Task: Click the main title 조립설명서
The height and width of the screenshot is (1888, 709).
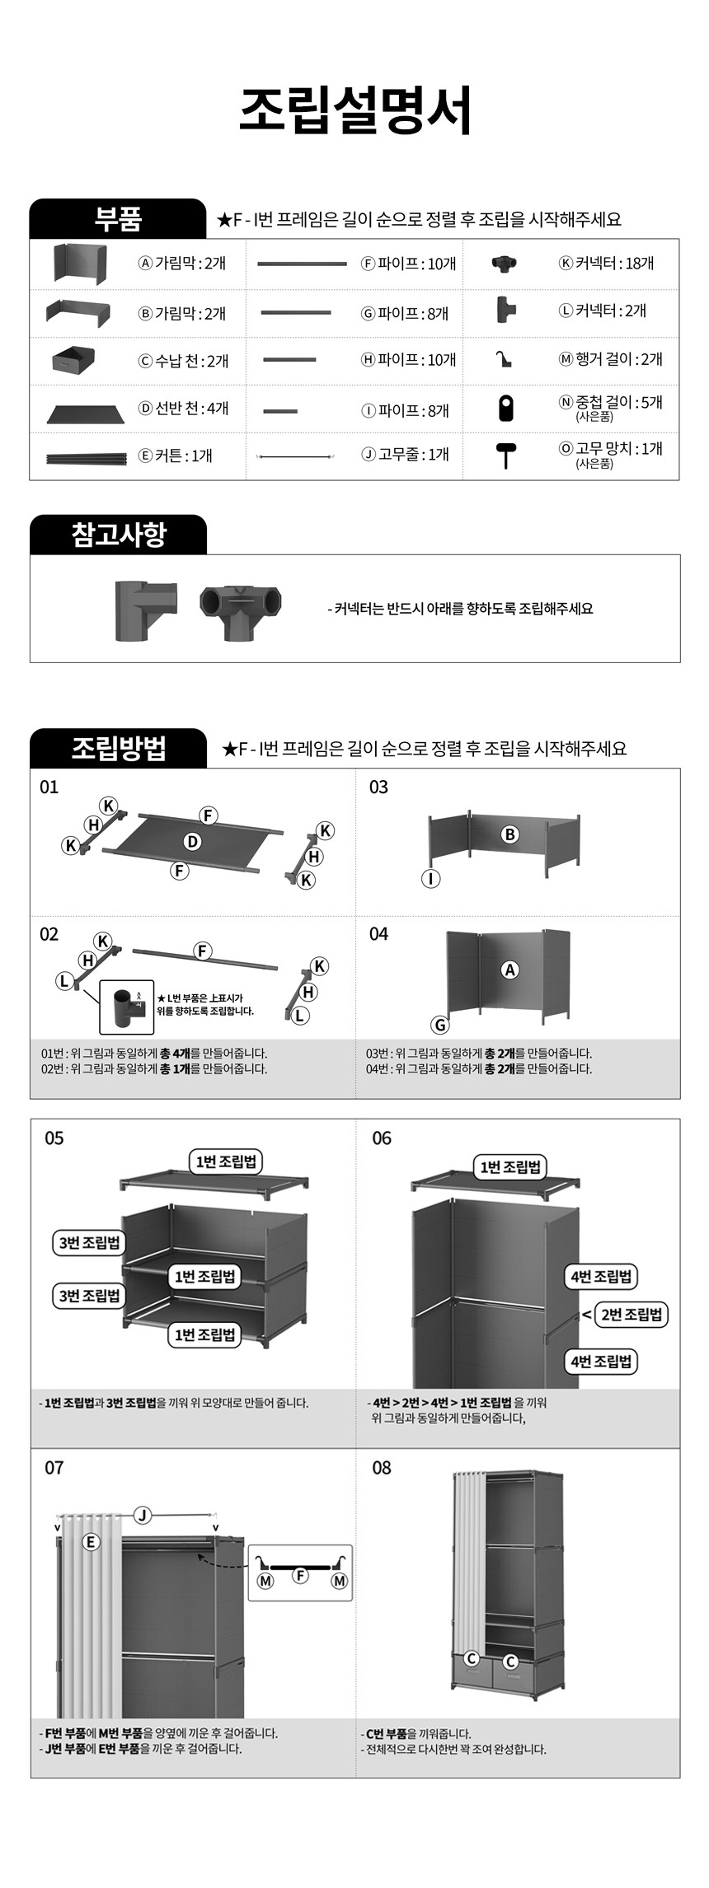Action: coord(354,110)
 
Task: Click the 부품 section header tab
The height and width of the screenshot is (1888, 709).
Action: coord(118,219)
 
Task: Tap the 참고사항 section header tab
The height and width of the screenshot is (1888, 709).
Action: coord(118,535)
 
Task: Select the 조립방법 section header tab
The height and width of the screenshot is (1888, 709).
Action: coord(118,748)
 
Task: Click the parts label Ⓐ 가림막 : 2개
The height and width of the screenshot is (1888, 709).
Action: coord(182,264)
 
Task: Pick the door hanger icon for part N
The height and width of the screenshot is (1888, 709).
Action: coord(505,408)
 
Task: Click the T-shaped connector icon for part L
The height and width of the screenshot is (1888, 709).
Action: coord(505,311)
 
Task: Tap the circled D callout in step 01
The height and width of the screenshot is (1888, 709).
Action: coord(192,841)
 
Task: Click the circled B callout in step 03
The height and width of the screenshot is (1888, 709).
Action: coord(510,834)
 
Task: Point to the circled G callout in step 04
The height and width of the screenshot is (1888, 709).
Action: coord(440,1025)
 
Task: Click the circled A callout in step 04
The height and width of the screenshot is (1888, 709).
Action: coord(510,970)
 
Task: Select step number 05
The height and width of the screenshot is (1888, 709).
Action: coord(54,1138)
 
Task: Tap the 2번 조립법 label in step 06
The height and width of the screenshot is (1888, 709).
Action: coord(632,1314)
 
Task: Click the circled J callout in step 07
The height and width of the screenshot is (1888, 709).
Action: coord(143,1515)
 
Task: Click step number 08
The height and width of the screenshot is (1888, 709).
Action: coord(382,1468)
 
